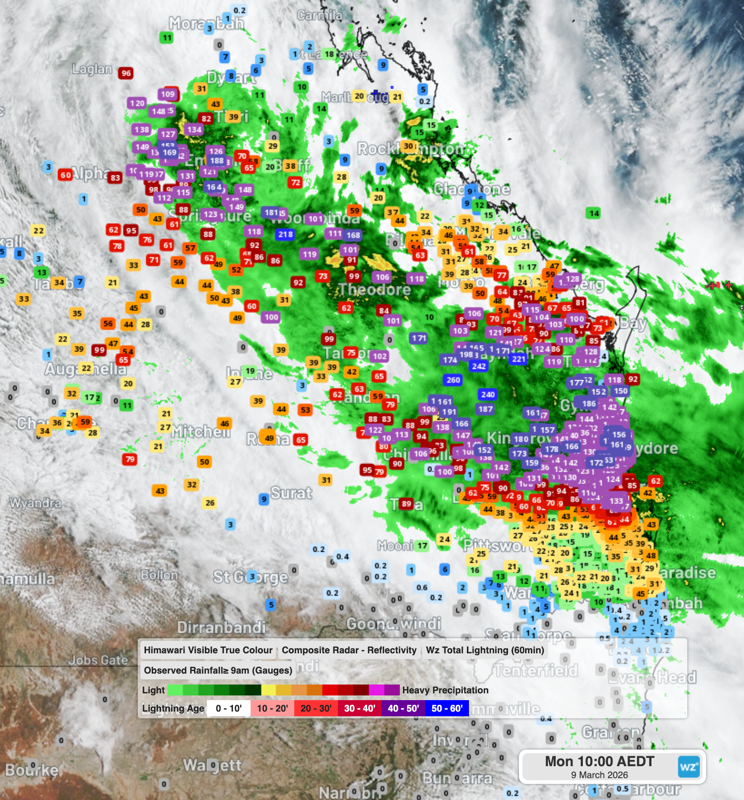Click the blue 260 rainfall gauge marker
point(453,380)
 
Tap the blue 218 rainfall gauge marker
point(285,234)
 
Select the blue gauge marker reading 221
point(518,359)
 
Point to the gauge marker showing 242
point(479,366)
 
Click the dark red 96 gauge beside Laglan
point(126,73)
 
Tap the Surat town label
point(292,493)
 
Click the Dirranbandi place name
point(221,627)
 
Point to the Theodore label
point(375,289)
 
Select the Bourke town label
point(32,769)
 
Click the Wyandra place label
point(35,503)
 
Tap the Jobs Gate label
point(98,660)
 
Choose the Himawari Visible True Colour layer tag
point(208,650)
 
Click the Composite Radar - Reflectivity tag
point(349,650)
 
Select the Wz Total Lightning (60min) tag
point(485,650)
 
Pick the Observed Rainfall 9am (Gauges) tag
point(218,670)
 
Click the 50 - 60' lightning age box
point(447,708)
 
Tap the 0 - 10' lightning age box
point(228,708)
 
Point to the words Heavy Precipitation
point(445,690)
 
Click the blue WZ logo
point(688,767)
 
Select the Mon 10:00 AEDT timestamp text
point(599,762)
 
